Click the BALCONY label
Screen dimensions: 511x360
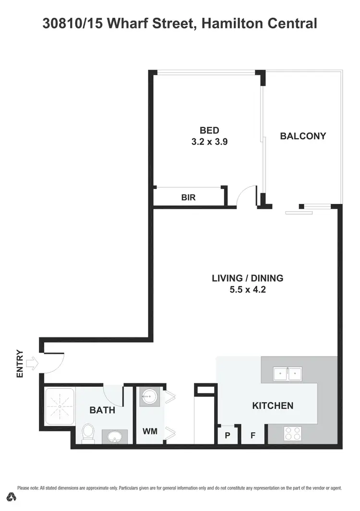[303, 136]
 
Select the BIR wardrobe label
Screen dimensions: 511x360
[188, 197]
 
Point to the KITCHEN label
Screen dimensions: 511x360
[273, 406]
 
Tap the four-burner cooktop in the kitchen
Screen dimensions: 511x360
[293, 433]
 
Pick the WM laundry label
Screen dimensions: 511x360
[150, 432]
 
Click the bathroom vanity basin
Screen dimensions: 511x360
[114, 437]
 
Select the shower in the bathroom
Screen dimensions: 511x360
[60, 406]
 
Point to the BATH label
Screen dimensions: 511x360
[102, 410]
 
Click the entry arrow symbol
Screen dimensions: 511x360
[32, 363]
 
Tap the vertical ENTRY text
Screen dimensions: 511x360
[20, 363]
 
